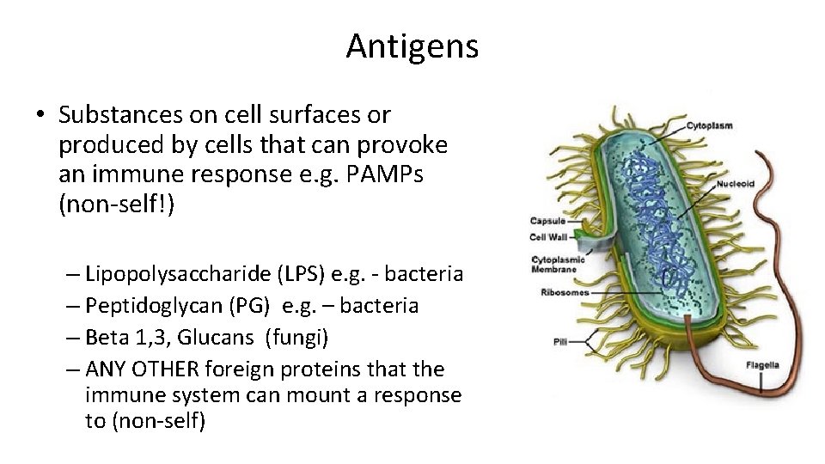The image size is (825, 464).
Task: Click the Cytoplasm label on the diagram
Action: [x=709, y=125]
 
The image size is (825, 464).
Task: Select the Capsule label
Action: [x=547, y=221]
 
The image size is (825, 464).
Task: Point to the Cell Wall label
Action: [x=547, y=237]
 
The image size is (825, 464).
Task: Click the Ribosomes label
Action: [x=565, y=292]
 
